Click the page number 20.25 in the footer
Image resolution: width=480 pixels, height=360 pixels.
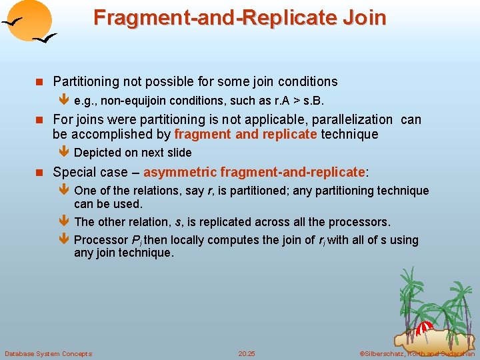247,353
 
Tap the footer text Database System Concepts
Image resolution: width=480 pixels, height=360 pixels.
48,353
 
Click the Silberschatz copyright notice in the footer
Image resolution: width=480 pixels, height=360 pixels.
417,353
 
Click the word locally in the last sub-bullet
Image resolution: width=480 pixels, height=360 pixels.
182,240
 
